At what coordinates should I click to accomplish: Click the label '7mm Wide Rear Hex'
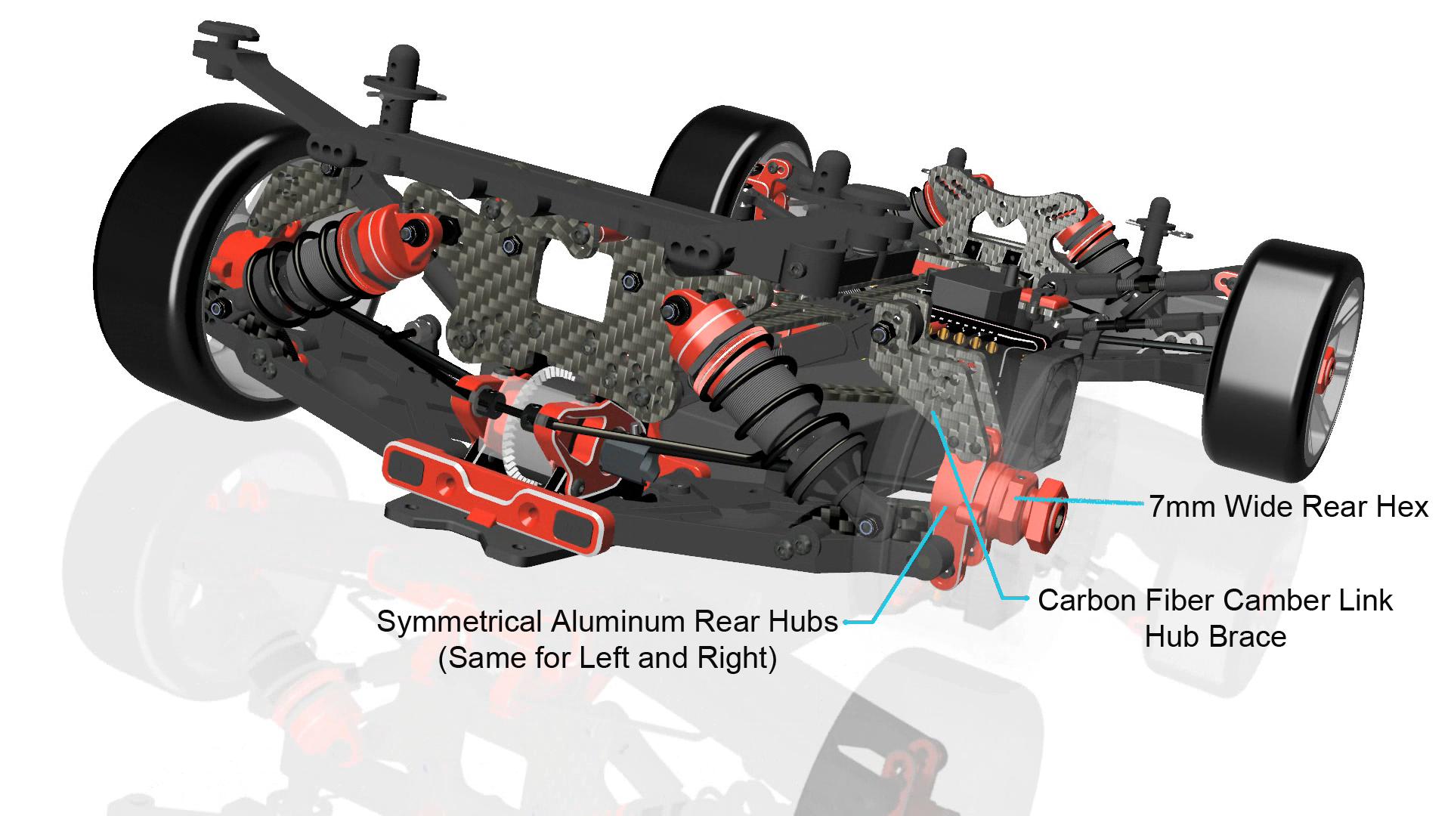(x=1289, y=506)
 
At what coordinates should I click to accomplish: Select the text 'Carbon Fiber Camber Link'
(x=1215, y=601)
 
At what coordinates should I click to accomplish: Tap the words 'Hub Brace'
(x=1215, y=636)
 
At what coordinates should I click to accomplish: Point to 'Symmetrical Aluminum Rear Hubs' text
(x=608, y=622)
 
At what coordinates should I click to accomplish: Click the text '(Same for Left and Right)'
(x=608, y=658)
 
